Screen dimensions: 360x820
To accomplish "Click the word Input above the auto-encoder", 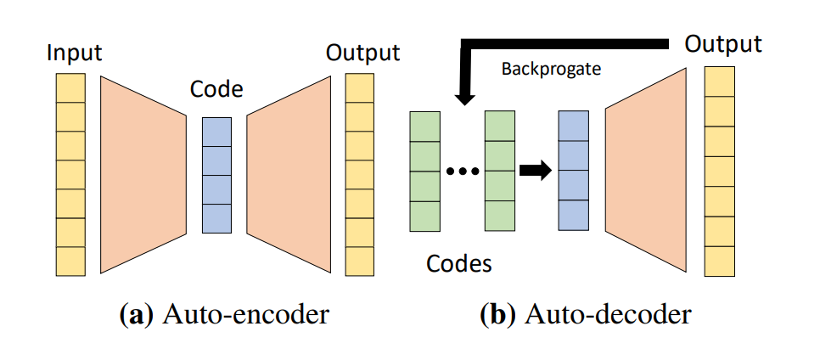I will pyautogui.click(x=74, y=53).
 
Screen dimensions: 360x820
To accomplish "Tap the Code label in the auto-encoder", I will pyautogui.click(x=216, y=90).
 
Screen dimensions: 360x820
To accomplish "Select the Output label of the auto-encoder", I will pyautogui.click(x=362, y=53).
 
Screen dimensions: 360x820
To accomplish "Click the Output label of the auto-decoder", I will pyautogui.click(x=723, y=44).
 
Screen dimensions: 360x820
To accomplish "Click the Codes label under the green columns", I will pyautogui.click(x=459, y=263).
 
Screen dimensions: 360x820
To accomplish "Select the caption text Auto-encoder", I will pyautogui.click(x=245, y=315).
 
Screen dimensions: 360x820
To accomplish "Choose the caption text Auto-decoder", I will pyautogui.click(x=608, y=315).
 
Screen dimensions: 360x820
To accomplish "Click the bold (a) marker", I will pyautogui.click(x=136, y=315).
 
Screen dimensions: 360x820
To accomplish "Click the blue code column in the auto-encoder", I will pyautogui.click(x=216, y=176).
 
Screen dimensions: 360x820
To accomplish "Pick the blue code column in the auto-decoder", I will pyautogui.click(x=573, y=170).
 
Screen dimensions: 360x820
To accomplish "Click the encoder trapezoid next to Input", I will pyautogui.click(x=143, y=174).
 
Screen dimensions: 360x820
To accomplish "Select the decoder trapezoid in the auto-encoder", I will pyautogui.click(x=289, y=174).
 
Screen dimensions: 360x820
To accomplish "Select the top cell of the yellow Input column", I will pyautogui.click(x=70, y=88).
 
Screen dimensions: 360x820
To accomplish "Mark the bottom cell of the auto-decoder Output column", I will pyautogui.click(x=719, y=261).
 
